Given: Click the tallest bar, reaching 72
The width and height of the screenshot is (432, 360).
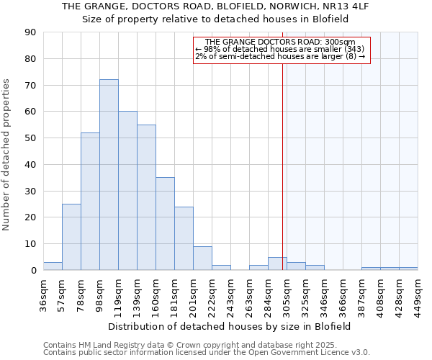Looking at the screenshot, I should (109, 175).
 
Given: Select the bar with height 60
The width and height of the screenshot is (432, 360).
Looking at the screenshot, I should (127, 191).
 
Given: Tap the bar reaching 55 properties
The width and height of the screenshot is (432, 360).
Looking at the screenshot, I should (146, 197).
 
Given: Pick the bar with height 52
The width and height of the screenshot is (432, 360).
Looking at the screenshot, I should (90, 202).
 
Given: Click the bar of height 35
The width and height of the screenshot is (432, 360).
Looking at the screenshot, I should (165, 224).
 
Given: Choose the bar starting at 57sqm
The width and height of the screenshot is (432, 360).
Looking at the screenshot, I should (71, 237).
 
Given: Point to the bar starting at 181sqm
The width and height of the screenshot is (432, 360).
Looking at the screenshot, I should (184, 238).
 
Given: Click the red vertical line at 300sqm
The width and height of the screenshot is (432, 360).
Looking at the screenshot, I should (282, 166).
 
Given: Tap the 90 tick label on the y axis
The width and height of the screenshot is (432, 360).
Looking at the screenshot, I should (30, 32).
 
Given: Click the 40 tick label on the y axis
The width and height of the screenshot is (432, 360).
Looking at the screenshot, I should (30, 164).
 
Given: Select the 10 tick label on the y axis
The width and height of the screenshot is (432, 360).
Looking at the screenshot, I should (30, 244).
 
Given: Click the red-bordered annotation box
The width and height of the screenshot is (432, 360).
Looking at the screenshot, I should (282, 50).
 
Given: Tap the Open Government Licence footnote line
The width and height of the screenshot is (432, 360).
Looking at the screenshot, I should (207, 353).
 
